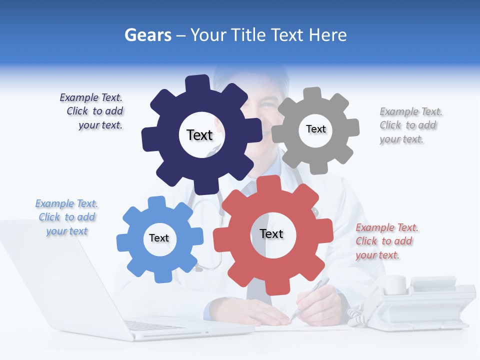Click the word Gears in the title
coord(147,35)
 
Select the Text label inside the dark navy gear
coord(199,135)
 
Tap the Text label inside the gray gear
coord(315,129)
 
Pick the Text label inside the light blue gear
coord(159,238)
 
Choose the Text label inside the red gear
coord(271,233)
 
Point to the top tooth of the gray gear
coord(312,94)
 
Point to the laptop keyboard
coord(150,325)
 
